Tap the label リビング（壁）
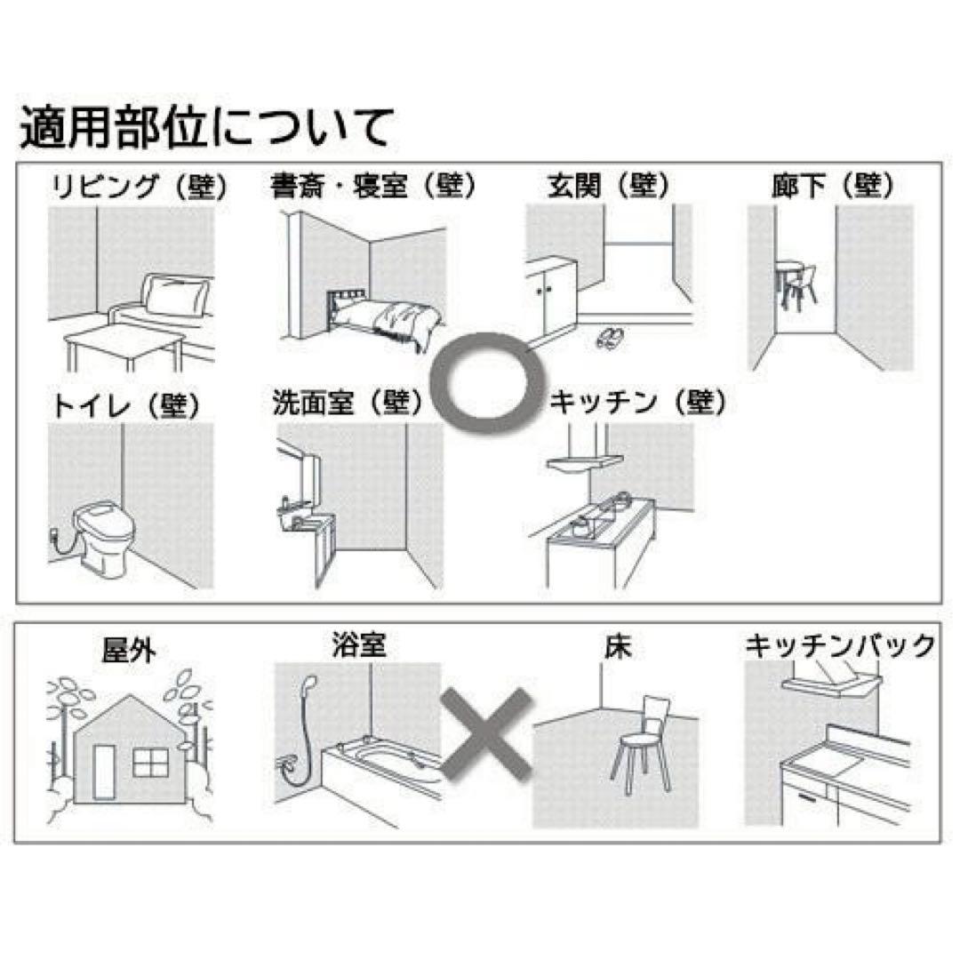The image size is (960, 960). tap(140, 188)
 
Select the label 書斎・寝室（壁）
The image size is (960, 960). tap(373, 186)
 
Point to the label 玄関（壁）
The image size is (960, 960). tap(609, 186)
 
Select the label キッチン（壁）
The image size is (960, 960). tap(638, 403)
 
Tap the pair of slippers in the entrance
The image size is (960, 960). tap(608, 336)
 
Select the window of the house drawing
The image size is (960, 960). tap(150, 763)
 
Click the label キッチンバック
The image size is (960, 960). tap(839, 645)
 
